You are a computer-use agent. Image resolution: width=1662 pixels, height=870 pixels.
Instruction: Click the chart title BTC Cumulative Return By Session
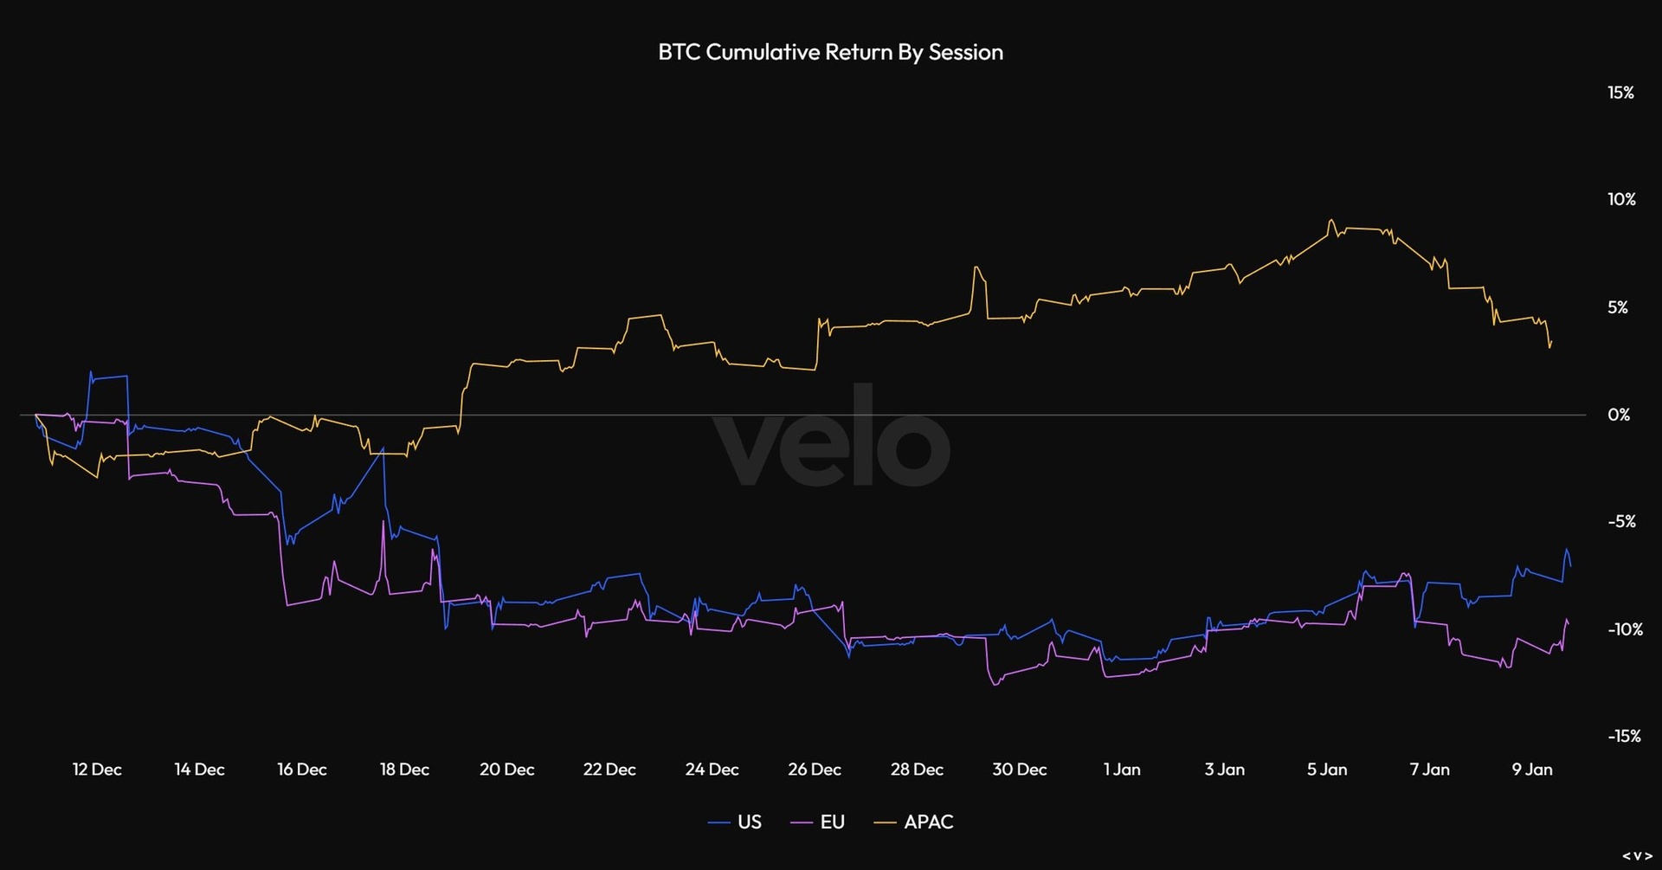coord(830,52)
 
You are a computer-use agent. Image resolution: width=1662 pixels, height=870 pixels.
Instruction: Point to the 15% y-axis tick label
coord(1620,93)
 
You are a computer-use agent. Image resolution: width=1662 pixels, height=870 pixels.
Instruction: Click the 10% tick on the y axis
coord(1621,200)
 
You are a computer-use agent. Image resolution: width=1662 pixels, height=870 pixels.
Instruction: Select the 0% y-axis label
coord(1619,415)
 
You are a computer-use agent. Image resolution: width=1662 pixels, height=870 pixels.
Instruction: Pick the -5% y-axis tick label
coord(1621,522)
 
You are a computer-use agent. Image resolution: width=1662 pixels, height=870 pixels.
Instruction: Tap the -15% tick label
coord(1624,737)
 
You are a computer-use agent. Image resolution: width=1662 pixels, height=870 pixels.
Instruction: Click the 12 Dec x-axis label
coord(97,770)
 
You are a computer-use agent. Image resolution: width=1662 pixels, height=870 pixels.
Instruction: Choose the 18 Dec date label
coord(404,770)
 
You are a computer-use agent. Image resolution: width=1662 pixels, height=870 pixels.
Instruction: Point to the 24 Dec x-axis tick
coord(712,770)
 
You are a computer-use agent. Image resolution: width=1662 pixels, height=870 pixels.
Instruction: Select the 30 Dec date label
coord(1019,770)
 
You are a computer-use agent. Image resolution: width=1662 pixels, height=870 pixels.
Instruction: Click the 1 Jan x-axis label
coord(1122,770)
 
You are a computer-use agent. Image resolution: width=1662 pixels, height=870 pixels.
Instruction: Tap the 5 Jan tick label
coord(1327,770)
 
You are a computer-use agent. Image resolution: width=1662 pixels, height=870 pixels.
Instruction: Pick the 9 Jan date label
coord(1532,770)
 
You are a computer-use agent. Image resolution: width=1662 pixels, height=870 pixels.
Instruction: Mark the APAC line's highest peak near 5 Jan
coord(1330,221)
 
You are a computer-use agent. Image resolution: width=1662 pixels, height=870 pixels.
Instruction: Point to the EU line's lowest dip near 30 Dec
coord(995,685)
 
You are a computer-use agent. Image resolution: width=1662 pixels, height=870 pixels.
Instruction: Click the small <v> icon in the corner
coord(1637,856)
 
